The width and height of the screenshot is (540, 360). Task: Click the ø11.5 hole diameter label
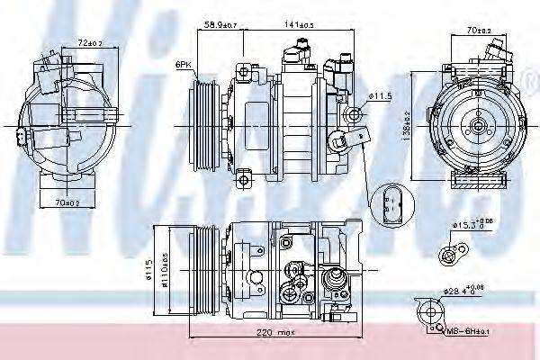pos(382,94)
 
